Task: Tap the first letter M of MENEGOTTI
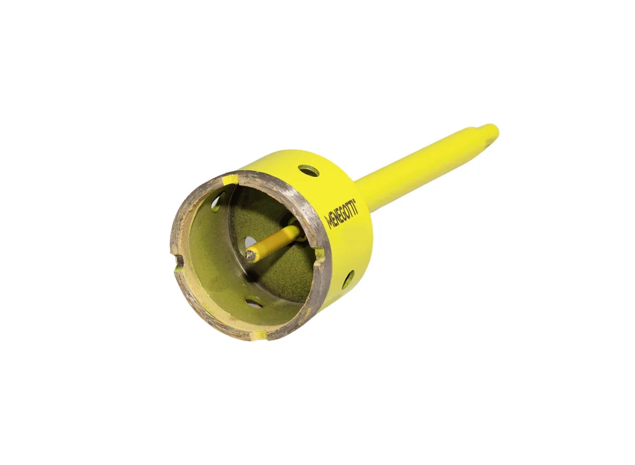pyautogui.click(x=329, y=223)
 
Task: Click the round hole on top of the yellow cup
pyautogui.click(x=308, y=171)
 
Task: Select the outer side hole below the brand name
pyautogui.click(x=348, y=279)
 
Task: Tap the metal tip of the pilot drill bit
pyautogui.click(x=249, y=255)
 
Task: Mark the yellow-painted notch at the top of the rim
pyautogui.click(x=229, y=179)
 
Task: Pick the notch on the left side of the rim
pyautogui.click(x=178, y=263)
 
